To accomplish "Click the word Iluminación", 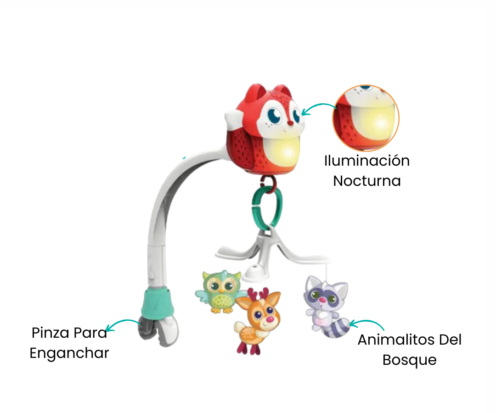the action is tap(367, 161).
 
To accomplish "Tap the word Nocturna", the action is tap(367, 181).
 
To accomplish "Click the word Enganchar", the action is tap(69, 353).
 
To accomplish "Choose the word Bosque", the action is tap(409, 360).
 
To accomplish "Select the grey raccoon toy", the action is tap(324, 305).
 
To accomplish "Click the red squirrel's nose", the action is tap(290, 123).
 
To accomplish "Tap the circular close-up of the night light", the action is tap(366, 117).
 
